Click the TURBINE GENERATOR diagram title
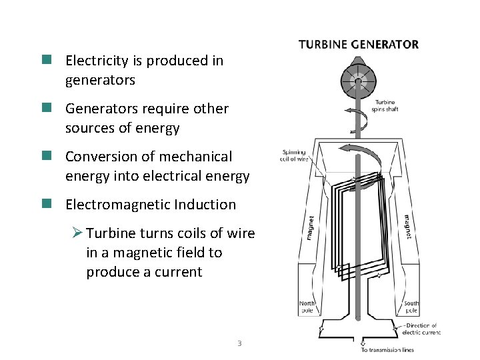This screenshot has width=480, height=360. coord(359,45)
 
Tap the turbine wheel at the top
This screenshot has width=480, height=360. coord(359,82)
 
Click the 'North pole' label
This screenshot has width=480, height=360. coord(306,307)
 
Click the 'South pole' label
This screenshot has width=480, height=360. coord(411,307)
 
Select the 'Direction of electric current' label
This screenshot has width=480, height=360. coord(423,329)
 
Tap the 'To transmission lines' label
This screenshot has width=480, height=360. coord(387,349)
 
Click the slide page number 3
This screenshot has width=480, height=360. coord(239,344)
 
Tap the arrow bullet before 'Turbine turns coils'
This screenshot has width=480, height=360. coord(77,233)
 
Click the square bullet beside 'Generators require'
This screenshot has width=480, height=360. coord(47,108)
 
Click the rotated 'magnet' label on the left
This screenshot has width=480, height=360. coord(311,227)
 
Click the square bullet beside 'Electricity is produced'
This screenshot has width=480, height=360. coord(47,60)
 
